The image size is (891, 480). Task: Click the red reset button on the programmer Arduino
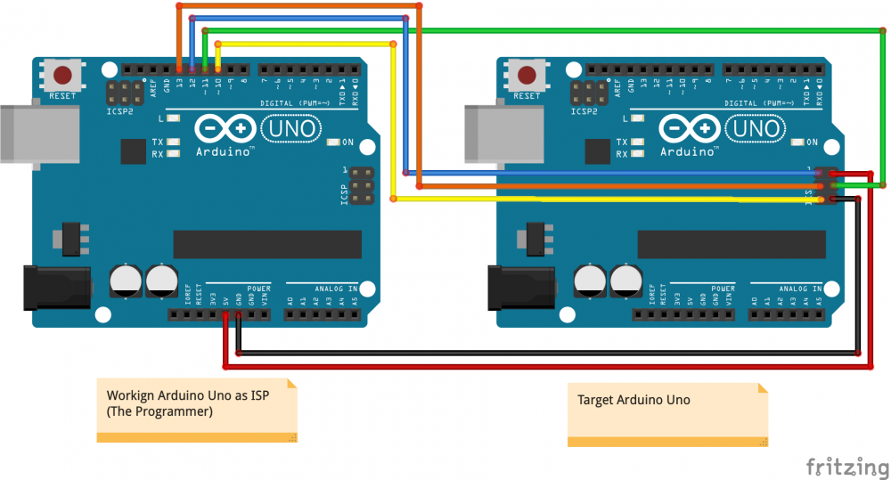[x=62, y=75]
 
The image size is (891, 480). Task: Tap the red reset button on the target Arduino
[x=527, y=75]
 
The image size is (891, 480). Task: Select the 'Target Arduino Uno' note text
[x=634, y=400]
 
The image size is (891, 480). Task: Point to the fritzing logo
[x=846, y=467]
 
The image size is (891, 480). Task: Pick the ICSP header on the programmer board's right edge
[x=361, y=185]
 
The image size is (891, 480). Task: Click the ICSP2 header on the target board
[x=589, y=93]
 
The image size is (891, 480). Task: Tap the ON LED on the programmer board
[x=333, y=142]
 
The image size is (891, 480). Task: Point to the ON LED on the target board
[x=797, y=142]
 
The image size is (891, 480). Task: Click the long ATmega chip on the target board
[x=732, y=244]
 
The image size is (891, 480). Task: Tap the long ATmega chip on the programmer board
[x=267, y=244]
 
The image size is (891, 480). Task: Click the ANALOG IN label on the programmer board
[x=335, y=289]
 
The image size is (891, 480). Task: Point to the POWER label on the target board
[x=723, y=289]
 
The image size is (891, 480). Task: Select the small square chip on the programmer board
[x=133, y=151]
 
